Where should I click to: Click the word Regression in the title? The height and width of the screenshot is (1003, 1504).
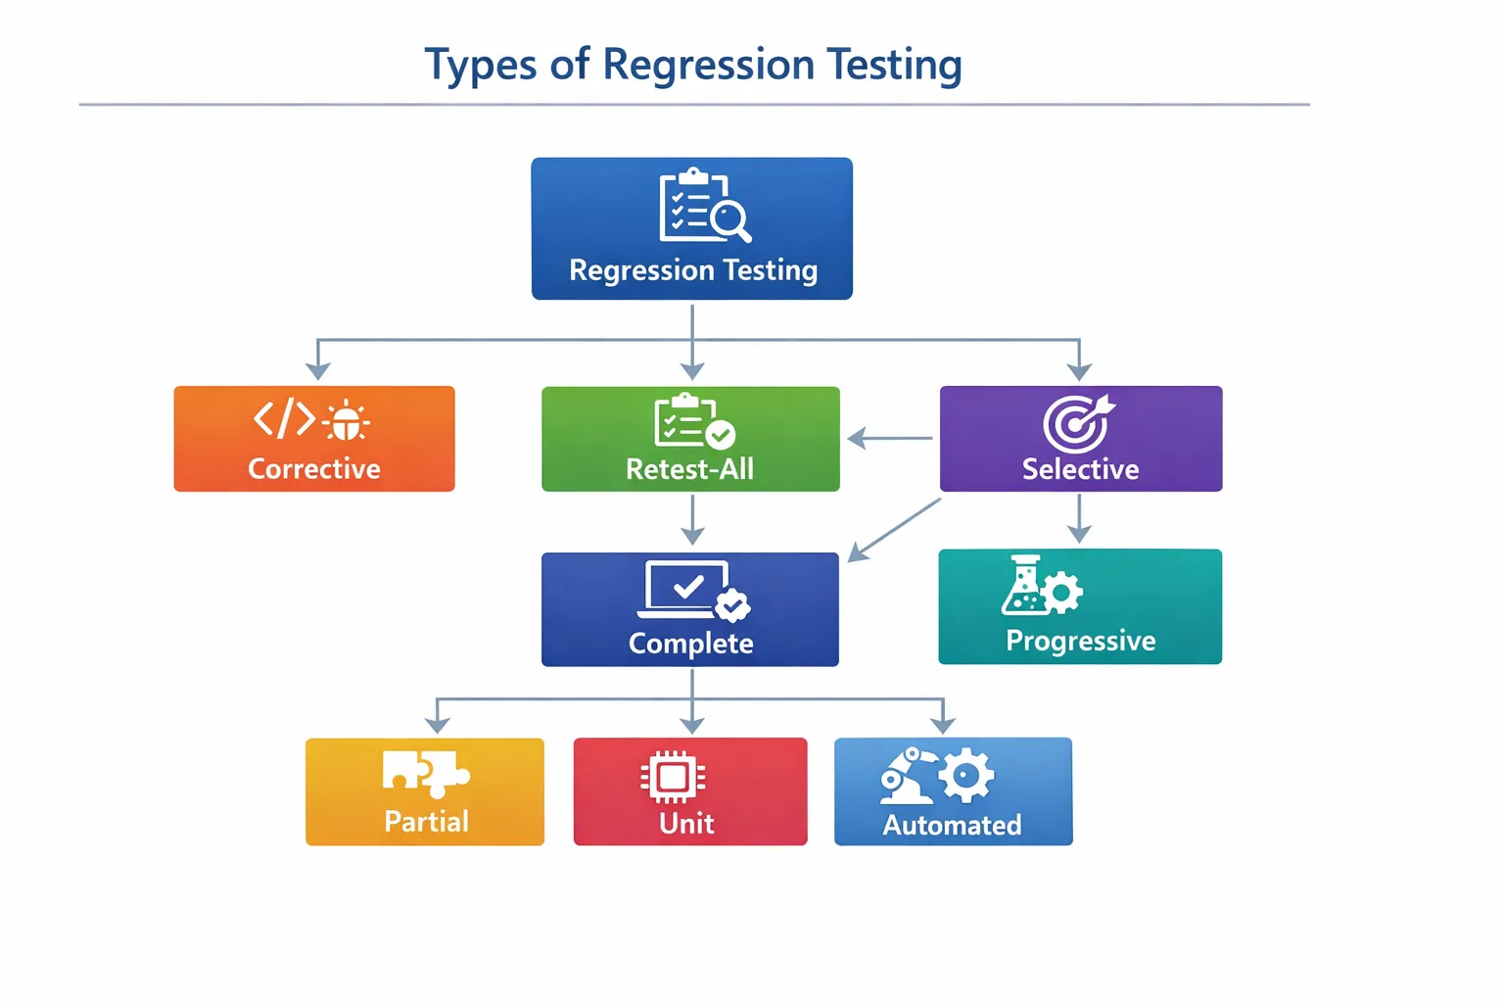tap(708, 66)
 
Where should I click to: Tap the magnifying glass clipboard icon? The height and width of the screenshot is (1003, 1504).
tap(704, 205)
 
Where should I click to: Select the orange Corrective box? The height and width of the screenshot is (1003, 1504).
tap(314, 439)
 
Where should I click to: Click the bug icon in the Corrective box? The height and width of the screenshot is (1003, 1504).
tap(346, 420)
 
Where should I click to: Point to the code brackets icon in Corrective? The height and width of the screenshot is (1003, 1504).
tap(284, 418)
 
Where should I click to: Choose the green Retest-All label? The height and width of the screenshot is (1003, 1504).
tap(690, 469)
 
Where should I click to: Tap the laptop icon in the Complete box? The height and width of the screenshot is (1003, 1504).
tap(687, 589)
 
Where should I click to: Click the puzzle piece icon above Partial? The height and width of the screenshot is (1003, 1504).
tap(425, 772)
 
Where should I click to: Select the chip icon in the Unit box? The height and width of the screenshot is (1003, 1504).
tap(673, 778)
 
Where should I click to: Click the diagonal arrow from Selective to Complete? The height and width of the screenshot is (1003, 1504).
tap(894, 530)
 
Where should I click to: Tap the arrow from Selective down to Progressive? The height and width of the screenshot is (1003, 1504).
tap(1079, 519)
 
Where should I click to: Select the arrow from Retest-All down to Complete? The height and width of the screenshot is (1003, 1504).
tap(692, 520)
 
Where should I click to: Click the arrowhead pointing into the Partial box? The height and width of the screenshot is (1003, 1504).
tap(437, 724)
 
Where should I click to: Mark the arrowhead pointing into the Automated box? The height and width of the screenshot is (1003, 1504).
tap(943, 724)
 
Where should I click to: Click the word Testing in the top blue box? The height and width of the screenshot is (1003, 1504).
tap(770, 270)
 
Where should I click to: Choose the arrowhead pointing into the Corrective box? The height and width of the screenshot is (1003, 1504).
tap(317, 370)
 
